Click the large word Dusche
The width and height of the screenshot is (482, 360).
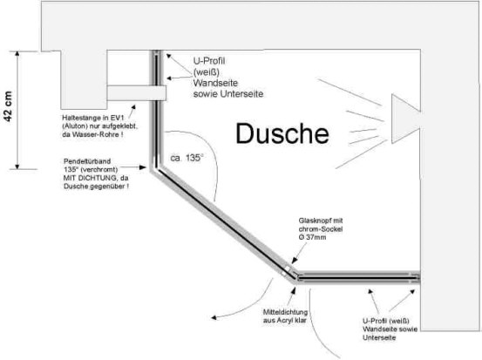pos(282,133)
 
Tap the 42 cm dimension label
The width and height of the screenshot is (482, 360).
pos(9,106)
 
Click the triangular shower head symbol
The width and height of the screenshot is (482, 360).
pos(406,119)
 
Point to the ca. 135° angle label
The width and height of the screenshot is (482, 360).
pos(187,158)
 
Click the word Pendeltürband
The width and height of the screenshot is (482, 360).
pos(87,161)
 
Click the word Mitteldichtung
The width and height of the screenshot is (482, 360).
pos(285,312)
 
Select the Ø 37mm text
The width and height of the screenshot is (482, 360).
pos(312,237)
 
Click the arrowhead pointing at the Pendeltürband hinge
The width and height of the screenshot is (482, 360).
pos(143,167)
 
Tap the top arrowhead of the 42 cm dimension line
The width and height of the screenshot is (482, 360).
pos(17,54)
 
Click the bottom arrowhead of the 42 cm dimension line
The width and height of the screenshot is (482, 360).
pos(17,166)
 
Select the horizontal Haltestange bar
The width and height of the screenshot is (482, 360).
pos(136,93)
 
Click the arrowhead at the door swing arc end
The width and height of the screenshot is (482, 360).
pos(214,318)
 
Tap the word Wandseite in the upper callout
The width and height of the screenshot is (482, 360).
pos(215,83)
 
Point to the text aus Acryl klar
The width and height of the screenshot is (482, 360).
pos(285,321)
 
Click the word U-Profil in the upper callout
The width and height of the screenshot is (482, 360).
pos(209,61)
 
